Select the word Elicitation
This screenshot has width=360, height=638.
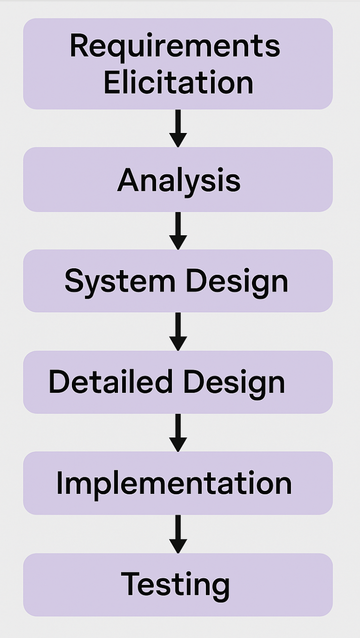178,83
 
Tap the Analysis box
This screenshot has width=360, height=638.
178,180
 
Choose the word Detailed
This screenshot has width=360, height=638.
110,381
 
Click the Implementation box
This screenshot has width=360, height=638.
178,483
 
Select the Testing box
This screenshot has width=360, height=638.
178,584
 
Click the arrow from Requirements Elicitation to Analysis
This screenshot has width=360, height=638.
178,128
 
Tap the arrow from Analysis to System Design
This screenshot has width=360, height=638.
178,230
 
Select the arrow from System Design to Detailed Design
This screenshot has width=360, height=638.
178,331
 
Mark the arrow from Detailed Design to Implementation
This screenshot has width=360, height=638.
178,432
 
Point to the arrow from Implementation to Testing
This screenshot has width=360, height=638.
178,534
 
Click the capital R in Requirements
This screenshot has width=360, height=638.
78,46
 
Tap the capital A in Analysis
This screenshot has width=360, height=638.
128,180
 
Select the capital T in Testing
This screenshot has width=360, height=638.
131,584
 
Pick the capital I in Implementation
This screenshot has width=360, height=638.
60,483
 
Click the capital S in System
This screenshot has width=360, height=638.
75,281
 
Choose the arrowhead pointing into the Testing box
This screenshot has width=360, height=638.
178,545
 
